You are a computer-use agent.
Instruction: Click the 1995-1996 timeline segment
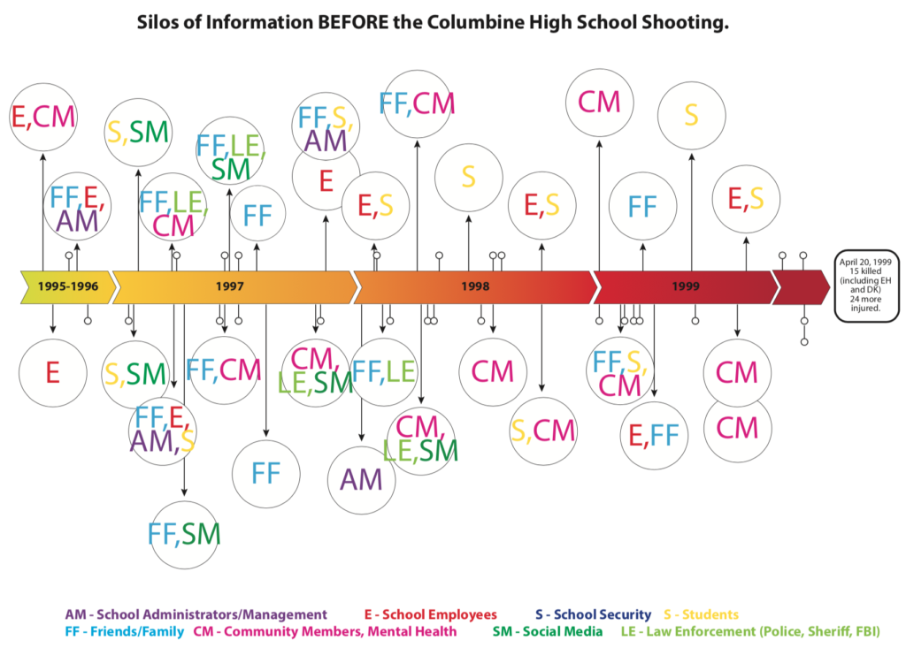point(68,286)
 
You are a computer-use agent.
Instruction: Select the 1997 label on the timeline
point(230,286)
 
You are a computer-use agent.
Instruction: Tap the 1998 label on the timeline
point(475,286)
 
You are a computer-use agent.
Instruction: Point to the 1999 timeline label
point(686,286)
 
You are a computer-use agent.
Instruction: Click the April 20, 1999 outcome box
point(865,286)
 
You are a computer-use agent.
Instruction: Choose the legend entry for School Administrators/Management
point(196,614)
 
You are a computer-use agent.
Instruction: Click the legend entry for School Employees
point(431,614)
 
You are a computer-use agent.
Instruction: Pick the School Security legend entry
point(593,614)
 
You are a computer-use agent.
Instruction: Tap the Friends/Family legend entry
point(124,631)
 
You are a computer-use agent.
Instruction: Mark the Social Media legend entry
point(547,631)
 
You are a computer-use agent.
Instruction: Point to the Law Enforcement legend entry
point(750,631)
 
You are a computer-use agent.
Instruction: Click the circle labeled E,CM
point(42,118)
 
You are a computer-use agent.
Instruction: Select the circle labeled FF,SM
point(184,535)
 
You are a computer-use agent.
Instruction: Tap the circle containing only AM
point(361,480)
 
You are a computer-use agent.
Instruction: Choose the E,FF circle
point(654,436)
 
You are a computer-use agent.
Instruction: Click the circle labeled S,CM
point(542,431)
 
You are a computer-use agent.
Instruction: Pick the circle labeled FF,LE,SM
point(230,151)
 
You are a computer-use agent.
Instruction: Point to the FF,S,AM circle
point(326,126)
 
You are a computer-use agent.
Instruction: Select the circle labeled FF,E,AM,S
point(163,431)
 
